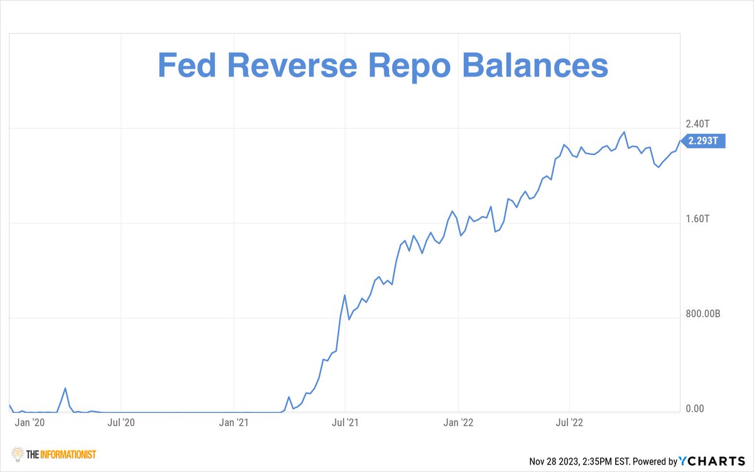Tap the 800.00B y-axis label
tap(702, 314)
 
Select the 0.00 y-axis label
tap(695, 409)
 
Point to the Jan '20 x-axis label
tap(30, 422)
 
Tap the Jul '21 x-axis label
tap(346, 422)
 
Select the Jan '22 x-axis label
tap(459, 422)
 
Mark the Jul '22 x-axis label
tap(570, 422)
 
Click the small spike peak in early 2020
tap(65, 389)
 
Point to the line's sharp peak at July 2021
tap(345, 295)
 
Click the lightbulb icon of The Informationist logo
tap(18, 453)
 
